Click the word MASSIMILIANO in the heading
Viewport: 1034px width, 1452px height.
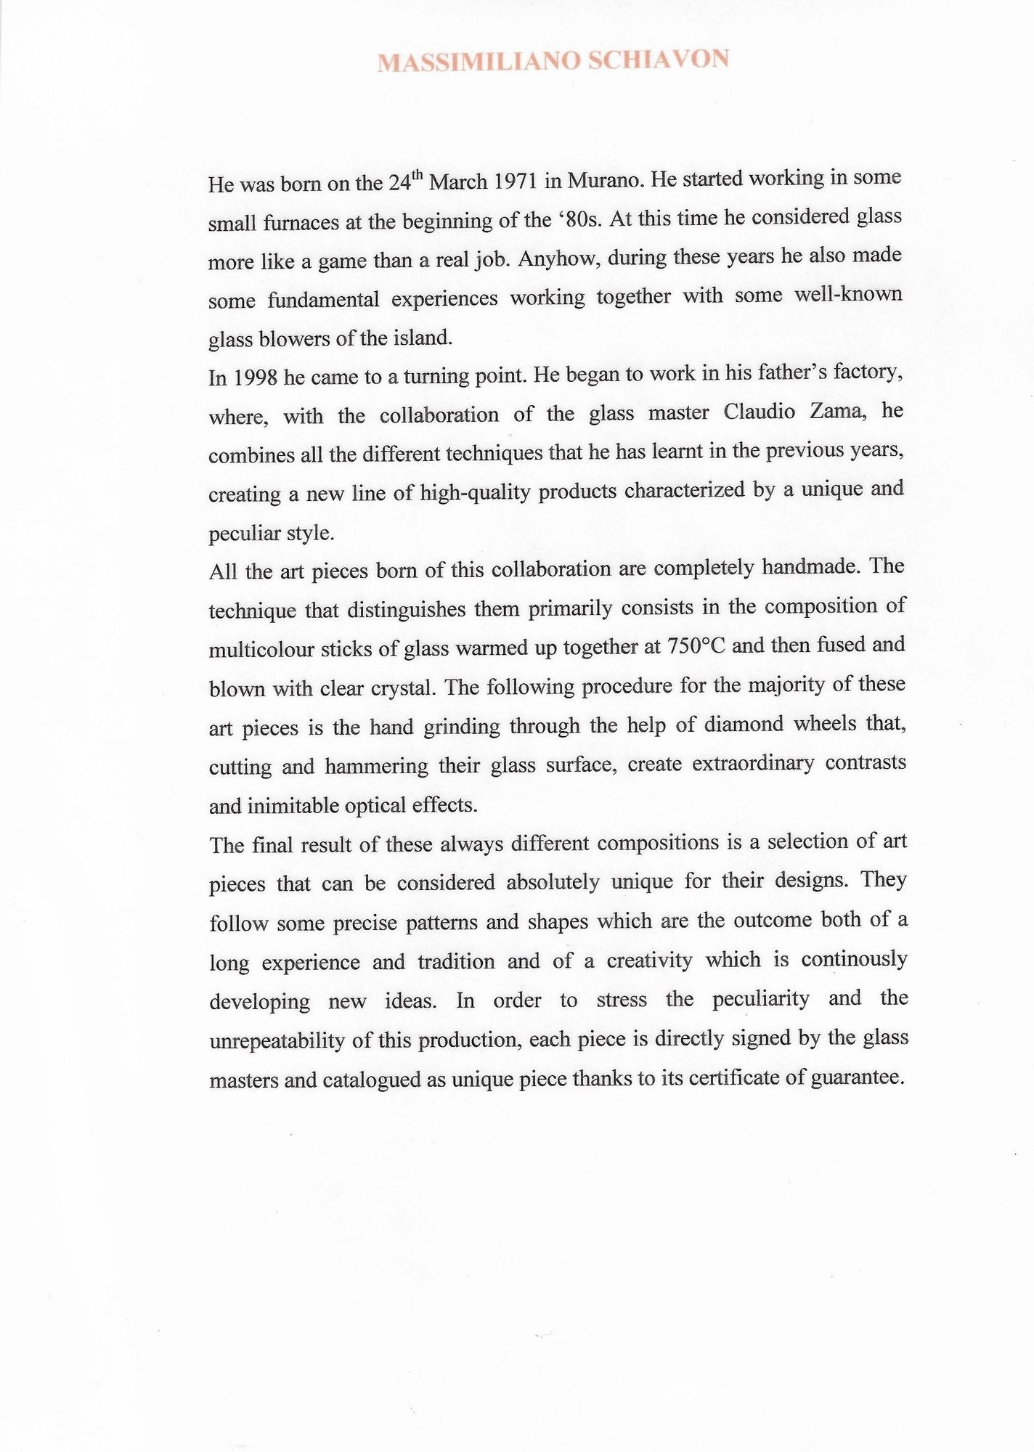point(479,61)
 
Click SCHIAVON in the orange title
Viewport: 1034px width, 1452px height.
point(658,59)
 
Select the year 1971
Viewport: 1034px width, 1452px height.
point(515,181)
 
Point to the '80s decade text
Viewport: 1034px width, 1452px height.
point(579,219)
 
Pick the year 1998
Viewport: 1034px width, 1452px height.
point(254,378)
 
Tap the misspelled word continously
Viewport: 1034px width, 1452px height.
point(854,959)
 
